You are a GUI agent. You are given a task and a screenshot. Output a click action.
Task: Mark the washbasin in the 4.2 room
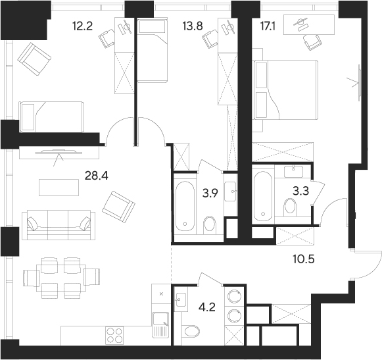tap(181, 300)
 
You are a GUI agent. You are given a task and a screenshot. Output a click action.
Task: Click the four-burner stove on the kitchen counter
tap(116, 334)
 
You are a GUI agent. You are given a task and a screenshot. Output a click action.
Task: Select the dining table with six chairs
tap(62, 275)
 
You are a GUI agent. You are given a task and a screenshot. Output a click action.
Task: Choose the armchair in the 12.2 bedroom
tap(34, 59)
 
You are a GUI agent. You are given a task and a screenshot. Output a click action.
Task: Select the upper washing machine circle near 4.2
tap(233, 297)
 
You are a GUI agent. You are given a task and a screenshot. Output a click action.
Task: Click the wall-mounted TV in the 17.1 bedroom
tap(360, 82)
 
